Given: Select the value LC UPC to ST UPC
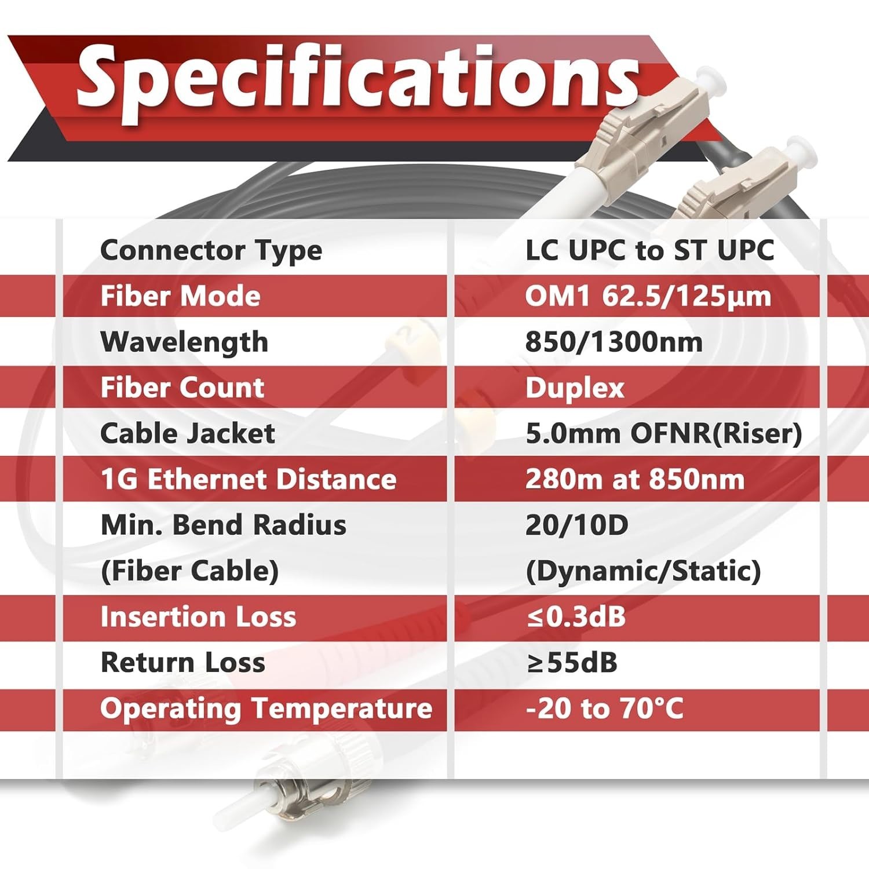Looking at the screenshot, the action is click(649, 250).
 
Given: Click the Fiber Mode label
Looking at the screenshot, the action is click(180, 296).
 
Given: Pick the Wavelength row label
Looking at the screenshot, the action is click(184, 342).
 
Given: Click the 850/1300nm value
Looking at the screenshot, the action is click(614, 342).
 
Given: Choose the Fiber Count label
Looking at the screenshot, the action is click(182, 388).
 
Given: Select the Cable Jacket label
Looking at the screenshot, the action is click(187, 433).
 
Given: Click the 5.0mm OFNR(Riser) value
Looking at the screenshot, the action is click(664, 434).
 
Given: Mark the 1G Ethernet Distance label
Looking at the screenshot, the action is click(249, 480).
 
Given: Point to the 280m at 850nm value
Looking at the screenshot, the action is click(635, 480).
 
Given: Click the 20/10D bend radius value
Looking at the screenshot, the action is click(576, 525).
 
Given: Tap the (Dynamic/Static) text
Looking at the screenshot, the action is click(643, 572).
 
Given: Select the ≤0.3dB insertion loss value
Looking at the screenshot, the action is click(576, 616).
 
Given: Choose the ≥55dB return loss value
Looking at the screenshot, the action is click(572, 662).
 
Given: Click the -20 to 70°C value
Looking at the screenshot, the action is click(604, 708).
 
